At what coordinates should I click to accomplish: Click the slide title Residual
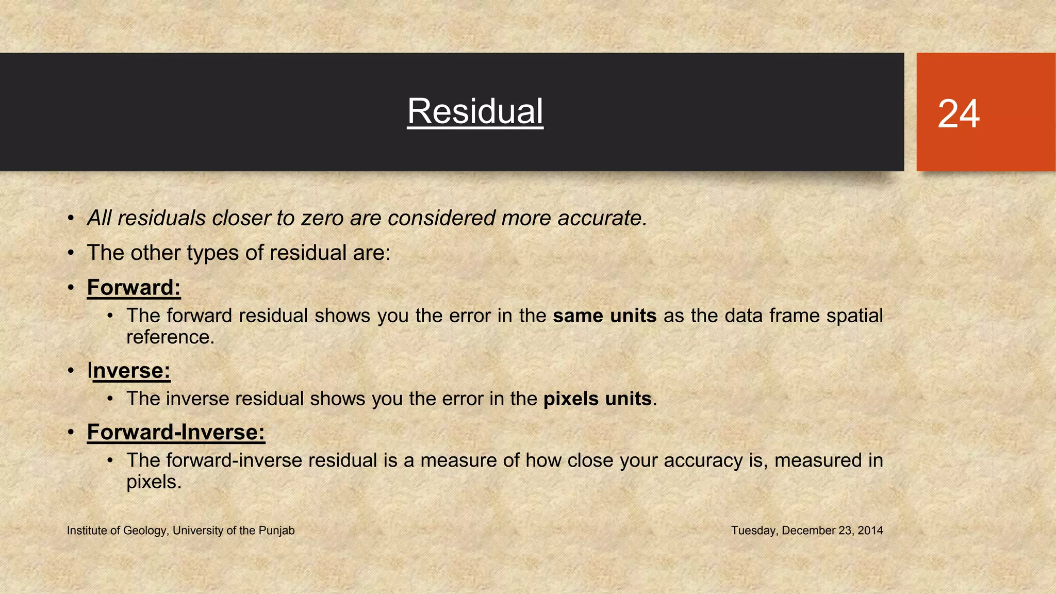(x=475, y=111)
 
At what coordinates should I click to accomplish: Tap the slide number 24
(x=958, y=114)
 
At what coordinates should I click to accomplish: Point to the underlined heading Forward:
(x=134, y=288)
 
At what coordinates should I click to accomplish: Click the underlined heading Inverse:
(x=129, y=371)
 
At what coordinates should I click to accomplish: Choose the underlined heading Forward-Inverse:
(x=176, y=432)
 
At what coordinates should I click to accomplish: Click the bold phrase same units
(x=604, y=316)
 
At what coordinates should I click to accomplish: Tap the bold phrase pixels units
(x=597, y=399)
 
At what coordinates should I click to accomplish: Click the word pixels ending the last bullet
(x=153, y=482)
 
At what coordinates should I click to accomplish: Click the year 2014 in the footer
(x=870, y=531)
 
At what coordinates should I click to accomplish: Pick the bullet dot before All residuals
(x=71, y=218)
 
